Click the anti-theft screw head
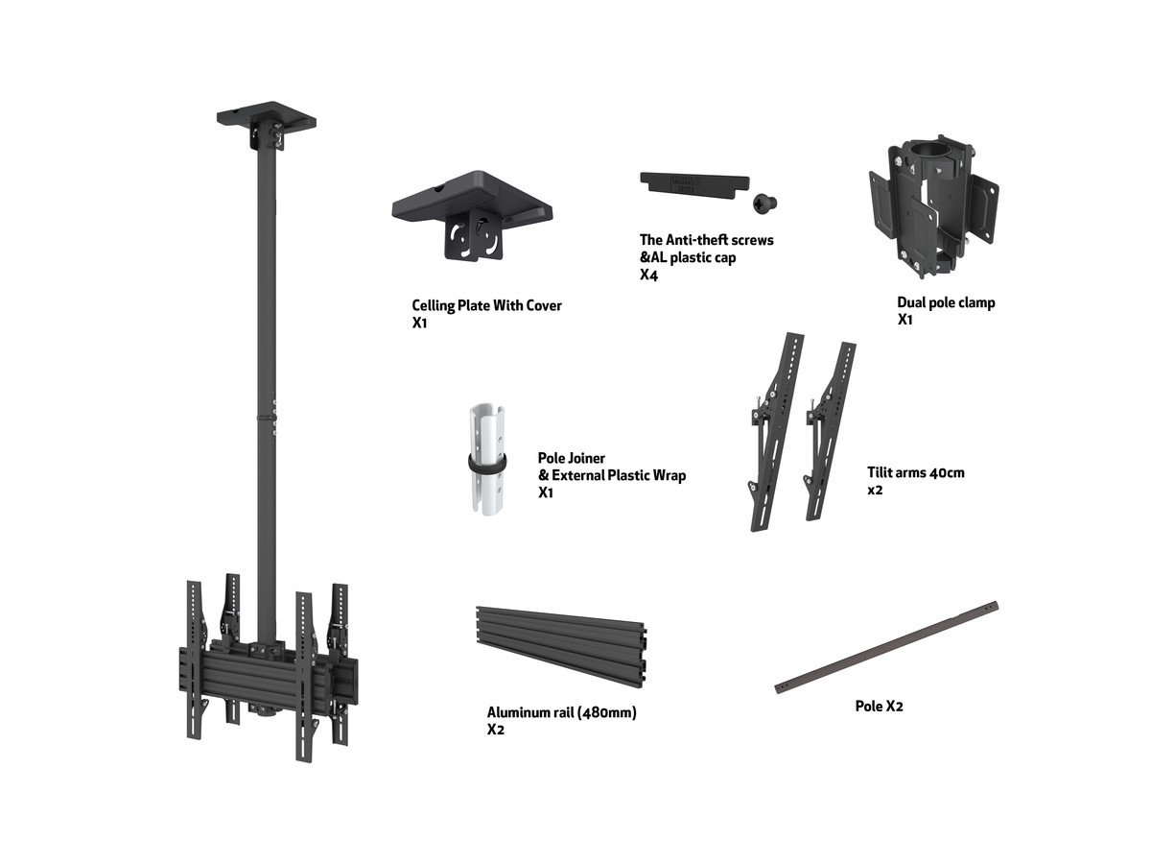[x=764, y=203]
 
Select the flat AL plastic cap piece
[x=694, y=185]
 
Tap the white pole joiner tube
[x=487, y=459]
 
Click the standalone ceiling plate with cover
[x=472, y=214]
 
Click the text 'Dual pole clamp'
[x=946, y=302]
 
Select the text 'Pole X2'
[x=879, y=707]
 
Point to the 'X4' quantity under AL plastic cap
[x=648, y=275]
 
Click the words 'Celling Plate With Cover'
[x=486, y=306]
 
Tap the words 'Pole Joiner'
[x=571, y=458]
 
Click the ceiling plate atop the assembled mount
[x=267, y=124]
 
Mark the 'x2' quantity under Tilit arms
[x=875, y=490]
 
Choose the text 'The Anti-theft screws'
[x=706, y=240]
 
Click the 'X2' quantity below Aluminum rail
[x=496, y=730]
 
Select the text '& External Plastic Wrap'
[x=612, y=475]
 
